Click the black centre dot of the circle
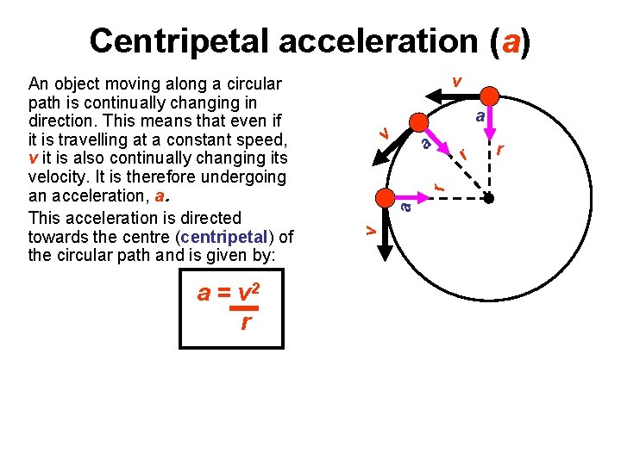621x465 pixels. coord(488,198)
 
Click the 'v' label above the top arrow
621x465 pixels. coord(456,81)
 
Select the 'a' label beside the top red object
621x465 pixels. coord(482,115)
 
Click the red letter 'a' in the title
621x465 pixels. coord(508,40)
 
